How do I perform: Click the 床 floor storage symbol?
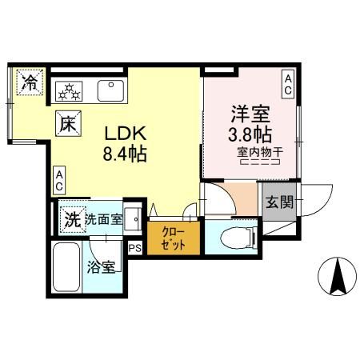click(67, 124)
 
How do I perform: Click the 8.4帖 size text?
click(124, 153)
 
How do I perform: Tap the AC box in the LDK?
click(59, 181)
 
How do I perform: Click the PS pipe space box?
click(134, 249)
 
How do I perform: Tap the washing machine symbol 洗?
click(72, 218)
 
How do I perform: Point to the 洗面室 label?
click(104, 218)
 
